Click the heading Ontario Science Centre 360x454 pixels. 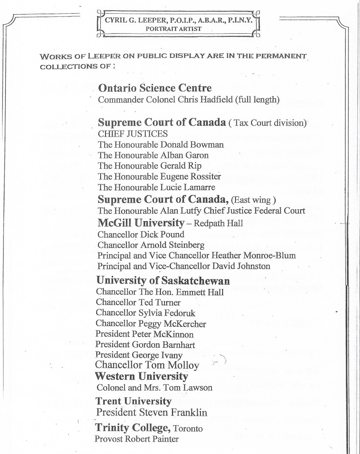point(155,88)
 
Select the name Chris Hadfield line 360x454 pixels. point(188,100)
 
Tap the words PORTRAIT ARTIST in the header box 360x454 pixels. point(176,28)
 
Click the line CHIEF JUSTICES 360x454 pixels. point(133,133)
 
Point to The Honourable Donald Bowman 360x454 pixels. point(160,145)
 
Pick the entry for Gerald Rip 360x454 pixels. point(149,166)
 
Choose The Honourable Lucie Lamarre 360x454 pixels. point(157,188)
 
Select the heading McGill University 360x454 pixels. point(141,223)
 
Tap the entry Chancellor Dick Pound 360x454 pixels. point(134,234)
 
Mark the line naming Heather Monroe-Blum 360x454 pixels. point(196,255)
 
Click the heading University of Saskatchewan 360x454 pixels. point(163,281)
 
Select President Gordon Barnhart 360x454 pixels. point(145,344)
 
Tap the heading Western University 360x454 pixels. point(141,376)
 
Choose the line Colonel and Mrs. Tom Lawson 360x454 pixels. point(154,387)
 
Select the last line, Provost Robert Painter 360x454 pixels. point(136,439)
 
